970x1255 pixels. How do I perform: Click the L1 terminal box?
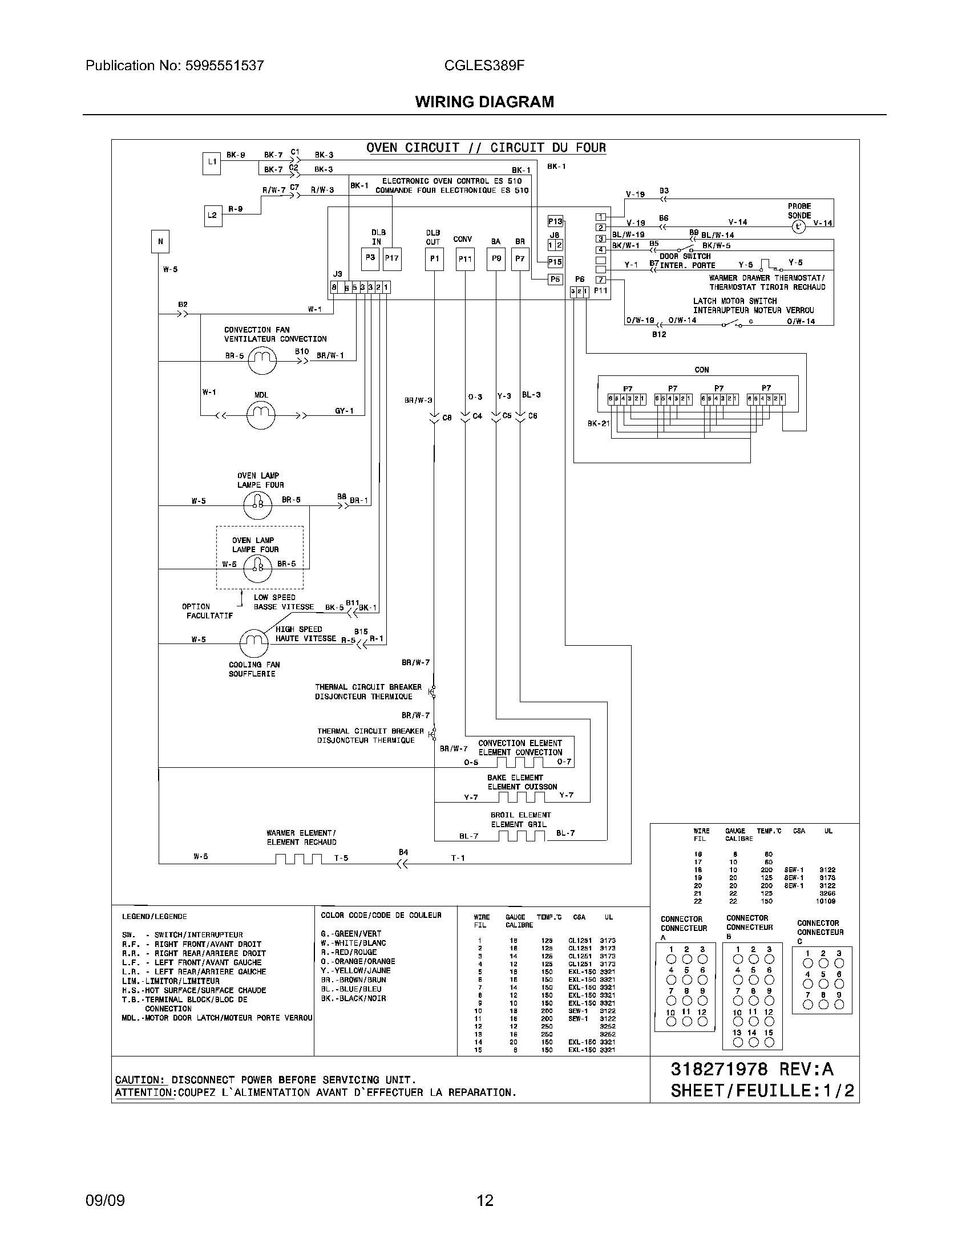click(x=212, y=163)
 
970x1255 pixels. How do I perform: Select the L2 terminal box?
click(x=213, y=216)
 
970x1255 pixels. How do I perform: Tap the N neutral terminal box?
click(x=160, y=241)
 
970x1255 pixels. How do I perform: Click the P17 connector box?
click(x=392, y=258)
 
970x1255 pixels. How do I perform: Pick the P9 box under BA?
click(x=496, y=258)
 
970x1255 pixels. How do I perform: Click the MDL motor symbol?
click(x=261, y=414)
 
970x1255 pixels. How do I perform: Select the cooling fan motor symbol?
click(x=253, y=643)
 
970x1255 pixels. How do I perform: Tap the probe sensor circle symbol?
click(x=798, y=227)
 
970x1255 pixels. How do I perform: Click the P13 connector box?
click(x=555, y=221)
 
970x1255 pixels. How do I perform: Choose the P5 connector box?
click(x=555, y=280)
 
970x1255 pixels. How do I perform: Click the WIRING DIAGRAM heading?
click(x=484, y=102)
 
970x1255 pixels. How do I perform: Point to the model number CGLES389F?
click(x=484, y=66)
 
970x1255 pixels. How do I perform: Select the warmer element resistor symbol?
click(x=298, y=859)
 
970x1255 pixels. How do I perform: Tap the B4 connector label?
click(x=403, y=852)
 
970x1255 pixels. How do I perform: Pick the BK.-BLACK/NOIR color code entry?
click(x=353, y=998)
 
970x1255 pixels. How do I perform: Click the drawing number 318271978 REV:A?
click(x=752, y=1069)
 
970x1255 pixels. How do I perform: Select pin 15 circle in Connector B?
click(x=769, y=1042)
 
